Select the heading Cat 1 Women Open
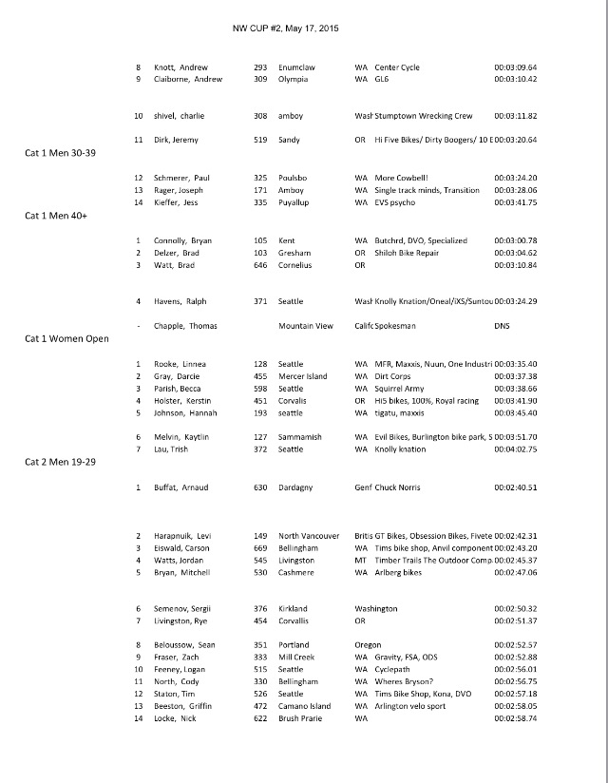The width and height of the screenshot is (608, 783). click(x=66, y=339)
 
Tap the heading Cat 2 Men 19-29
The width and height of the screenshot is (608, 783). click(x=63, y=462)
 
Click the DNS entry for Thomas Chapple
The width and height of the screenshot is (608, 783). click(x=503, y=326)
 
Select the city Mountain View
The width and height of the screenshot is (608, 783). click(x=306, y=326)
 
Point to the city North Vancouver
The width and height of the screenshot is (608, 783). click(x=309, y=536)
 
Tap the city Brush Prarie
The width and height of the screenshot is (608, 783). click(x=303, y=718)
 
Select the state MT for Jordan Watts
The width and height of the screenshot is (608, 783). click(x=361, y=561)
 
